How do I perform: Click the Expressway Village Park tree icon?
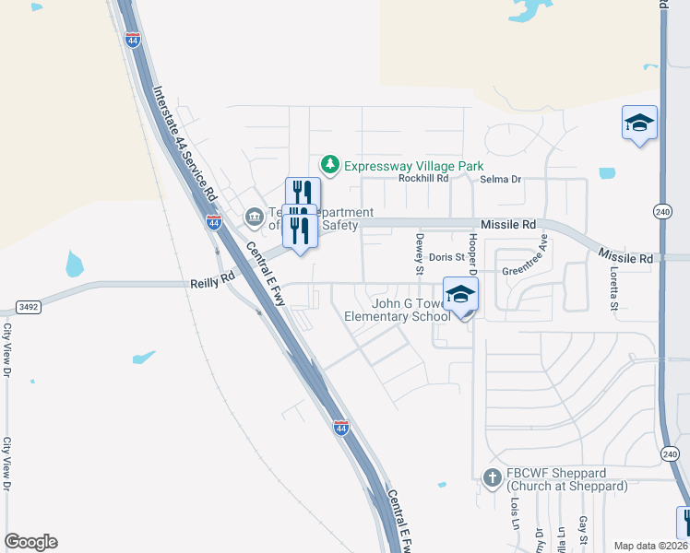click(x=329, y=165)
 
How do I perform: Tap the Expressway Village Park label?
click(x=413, y=166)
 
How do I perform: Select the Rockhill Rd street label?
click(x=422, y=179)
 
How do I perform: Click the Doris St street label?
click(x=446, y=257)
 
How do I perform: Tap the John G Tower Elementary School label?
click(x=398, y=310)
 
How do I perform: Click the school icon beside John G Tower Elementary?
click(x=460, y=295)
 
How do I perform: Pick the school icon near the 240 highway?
click(x=639, y=124)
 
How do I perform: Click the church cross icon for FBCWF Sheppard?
click(x=493, y=477)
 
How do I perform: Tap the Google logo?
click(x=30, y=542)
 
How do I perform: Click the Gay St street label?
click(x=584, y=529)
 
